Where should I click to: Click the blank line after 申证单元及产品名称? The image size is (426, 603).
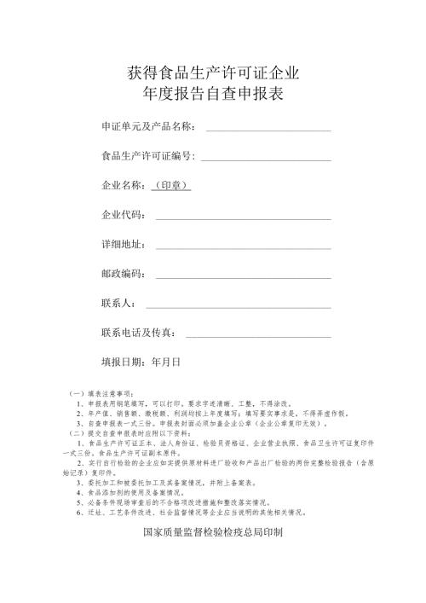[268, 129]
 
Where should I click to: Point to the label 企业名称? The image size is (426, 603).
[123, 184]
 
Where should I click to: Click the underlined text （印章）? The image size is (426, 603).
[170, 184]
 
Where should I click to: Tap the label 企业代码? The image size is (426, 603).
[123, 214]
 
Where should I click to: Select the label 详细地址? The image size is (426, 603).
[123, 244]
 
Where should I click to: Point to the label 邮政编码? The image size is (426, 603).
[123, 273]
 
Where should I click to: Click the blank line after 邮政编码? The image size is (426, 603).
[242, 275]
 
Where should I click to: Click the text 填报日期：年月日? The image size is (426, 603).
[141, 362]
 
